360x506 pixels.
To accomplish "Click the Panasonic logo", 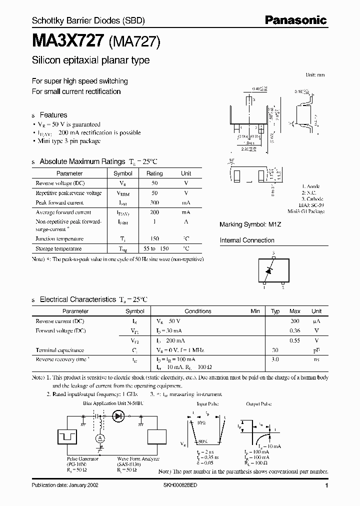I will [x=295, y=20].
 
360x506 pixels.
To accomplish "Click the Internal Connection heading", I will [x=247, y=240].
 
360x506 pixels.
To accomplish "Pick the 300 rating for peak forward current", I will [x=154, y=203].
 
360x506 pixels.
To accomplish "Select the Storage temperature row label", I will [x=58, y=249].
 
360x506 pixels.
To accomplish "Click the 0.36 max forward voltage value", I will [x=294, y=330].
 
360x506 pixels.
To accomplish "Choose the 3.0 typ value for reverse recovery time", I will [x=274, y=359].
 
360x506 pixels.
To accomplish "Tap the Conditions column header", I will [x=198, y=311].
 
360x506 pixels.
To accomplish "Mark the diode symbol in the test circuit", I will [x=119, y=415].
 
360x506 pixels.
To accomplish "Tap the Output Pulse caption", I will [x=258, y=403].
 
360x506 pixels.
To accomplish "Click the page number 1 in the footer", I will [x=326, y=485].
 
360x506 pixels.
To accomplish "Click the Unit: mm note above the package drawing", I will [x=315, y=74].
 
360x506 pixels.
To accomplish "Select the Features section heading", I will [x=53, y=115].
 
